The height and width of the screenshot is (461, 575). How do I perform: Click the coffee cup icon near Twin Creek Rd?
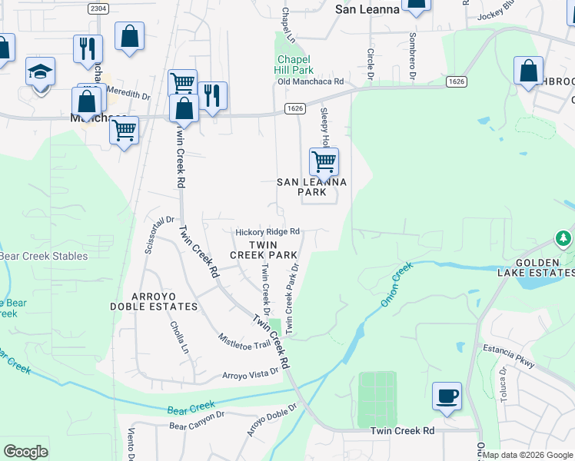point(447,396)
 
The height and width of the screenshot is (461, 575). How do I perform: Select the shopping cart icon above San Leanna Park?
point(324,161)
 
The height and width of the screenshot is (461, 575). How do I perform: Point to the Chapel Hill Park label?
point(294,65)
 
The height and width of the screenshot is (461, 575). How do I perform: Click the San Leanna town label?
point(367,9)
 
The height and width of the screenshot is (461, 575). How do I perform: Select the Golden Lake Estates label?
point(543,267)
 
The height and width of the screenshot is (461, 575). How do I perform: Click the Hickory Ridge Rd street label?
point(267,231)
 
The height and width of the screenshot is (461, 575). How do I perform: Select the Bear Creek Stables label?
point(43,257)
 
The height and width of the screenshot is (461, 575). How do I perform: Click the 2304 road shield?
point(98,8)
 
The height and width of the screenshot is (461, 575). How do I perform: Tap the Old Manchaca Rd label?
point(310,81)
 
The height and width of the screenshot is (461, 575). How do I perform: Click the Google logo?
point(26,452)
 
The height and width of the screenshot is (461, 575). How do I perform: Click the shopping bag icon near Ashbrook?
point(528,71)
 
